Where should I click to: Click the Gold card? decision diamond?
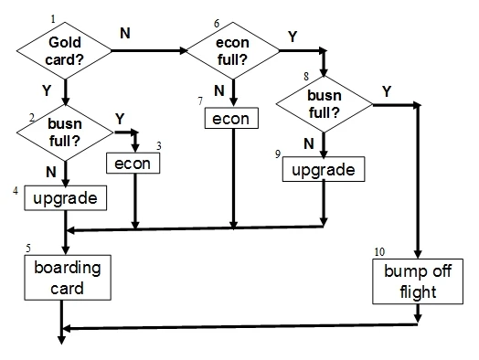point(65,50)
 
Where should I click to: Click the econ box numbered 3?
point(134,163)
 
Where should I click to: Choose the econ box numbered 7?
point(231,119)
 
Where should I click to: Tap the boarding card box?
point(66,278)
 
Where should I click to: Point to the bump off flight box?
point(418,282)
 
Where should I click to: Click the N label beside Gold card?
point(124,33)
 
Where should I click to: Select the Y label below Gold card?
point(46,91)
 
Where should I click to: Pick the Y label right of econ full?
point(292,36)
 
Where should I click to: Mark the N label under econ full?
point(219,90)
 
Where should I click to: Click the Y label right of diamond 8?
point(387,91)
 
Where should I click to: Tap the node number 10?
point(380,251)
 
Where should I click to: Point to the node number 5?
point(28,248)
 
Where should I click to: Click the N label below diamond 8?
point(308,144)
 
